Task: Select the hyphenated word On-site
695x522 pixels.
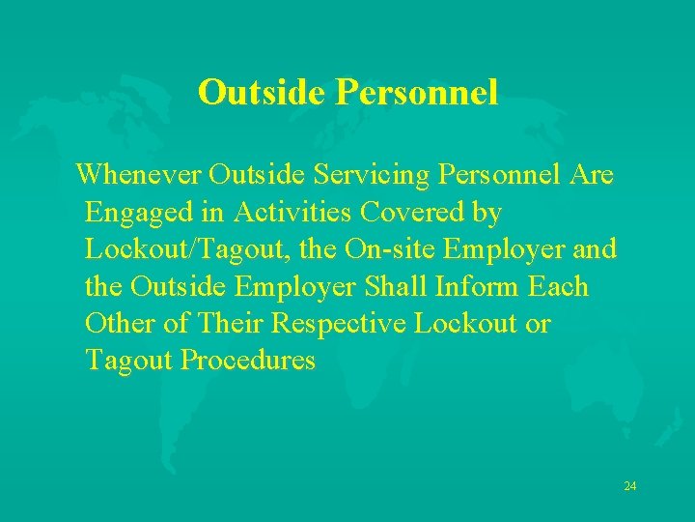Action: click(378, 249)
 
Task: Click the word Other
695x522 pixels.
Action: click(120, 324)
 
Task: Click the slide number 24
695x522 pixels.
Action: click(629, 485)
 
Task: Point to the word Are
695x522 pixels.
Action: click(592, 175)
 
